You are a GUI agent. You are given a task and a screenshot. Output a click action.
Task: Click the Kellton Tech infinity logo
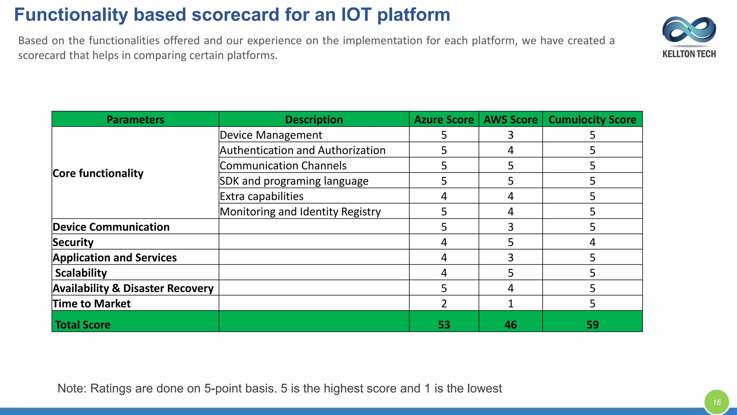[689, 31]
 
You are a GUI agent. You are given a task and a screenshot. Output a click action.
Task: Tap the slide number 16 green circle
[716, 402]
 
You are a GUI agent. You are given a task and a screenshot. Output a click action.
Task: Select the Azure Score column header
[444, 120]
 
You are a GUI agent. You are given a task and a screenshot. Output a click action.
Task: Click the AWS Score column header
[510, 120]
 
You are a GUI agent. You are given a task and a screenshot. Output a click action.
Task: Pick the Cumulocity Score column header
[592, 120]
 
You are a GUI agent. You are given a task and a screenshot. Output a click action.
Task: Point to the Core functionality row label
[98, 173]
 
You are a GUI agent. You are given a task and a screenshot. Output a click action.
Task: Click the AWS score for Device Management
[510, 135]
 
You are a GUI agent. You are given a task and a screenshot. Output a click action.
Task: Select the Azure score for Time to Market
[444, 304]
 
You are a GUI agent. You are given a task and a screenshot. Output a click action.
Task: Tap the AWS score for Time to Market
[510, 304]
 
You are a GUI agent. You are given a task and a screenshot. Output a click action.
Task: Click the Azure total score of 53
[444, 325]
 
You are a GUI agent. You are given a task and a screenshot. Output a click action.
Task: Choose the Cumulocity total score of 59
[592, 325]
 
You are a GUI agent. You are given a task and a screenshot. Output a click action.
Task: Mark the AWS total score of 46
[510, 325]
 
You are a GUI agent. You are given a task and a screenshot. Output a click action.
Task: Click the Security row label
[73, 242]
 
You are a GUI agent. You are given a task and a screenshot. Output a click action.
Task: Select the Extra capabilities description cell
[262, 196]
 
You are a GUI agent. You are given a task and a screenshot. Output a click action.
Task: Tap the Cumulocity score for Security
[592, 242]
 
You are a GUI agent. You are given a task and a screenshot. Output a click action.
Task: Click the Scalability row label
[81, 273]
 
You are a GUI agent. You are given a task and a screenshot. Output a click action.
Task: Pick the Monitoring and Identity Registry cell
[300, 212]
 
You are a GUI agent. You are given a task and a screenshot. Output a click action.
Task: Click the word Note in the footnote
[72, 388]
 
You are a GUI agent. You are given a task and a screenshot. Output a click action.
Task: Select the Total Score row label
[83, 325]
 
